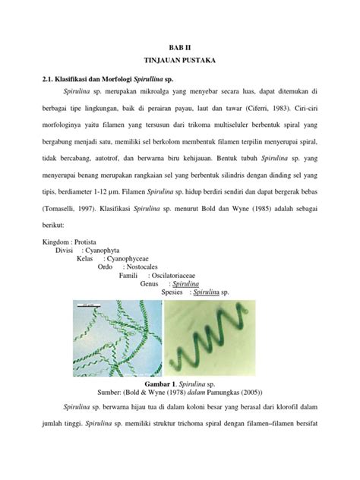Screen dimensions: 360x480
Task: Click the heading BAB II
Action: click(x=179, y=46)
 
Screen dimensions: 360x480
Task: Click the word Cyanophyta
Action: click(x=106, y=249)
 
